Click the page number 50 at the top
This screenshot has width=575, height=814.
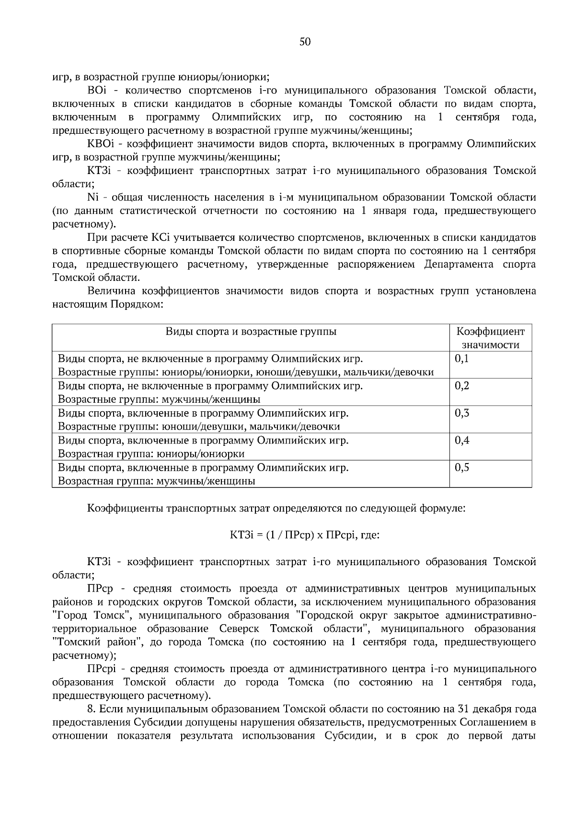(305, 42)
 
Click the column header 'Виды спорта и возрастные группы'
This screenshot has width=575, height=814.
(251, 332)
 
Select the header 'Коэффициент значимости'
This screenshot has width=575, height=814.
(490, 338)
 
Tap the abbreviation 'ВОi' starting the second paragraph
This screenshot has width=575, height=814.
(97, 90)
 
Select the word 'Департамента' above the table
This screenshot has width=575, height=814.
(456, 265)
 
